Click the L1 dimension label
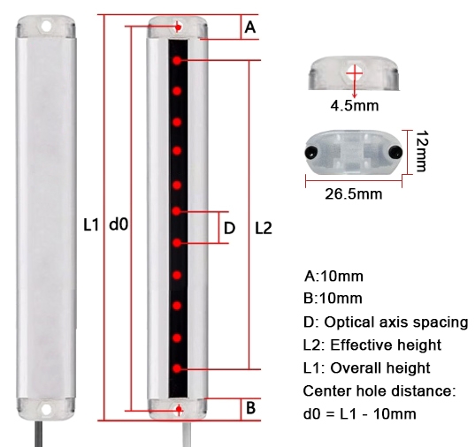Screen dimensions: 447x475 coord(89,225)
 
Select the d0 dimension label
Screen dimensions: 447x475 coord(119,225)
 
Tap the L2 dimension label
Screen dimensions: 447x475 coord(263,227)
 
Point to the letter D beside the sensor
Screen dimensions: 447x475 coord(230,227)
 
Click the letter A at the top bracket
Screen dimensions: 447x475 coord(249,28)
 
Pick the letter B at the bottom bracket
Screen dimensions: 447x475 coord(250,408)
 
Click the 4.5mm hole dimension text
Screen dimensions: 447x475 coord(354,107)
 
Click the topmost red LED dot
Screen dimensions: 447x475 coord(178,61)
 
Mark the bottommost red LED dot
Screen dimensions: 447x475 coord(178,367)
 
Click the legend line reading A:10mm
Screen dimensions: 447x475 coord(333,276)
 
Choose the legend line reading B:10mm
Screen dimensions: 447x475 coord(333,299)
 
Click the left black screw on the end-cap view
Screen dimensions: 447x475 coord(311,152)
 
